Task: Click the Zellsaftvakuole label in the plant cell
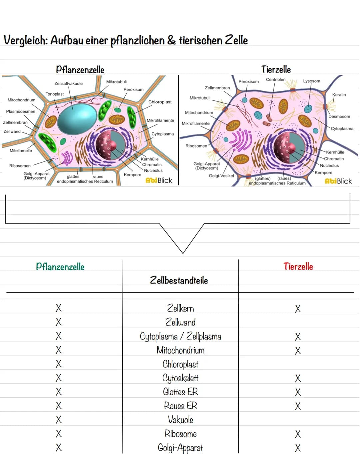68,83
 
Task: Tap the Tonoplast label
55,94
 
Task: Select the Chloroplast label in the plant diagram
160,102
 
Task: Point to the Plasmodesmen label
21,111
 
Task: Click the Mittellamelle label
21,151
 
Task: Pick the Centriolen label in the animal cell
276,80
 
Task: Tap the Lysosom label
311,81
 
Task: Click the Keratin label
339,95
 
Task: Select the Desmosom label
339,117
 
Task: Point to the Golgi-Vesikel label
221,176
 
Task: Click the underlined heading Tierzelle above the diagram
276,69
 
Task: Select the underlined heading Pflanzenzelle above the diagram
80,70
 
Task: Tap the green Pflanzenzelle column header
60,267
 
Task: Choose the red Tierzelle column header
298,267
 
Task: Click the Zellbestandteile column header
179,280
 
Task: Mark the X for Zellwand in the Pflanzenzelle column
59,322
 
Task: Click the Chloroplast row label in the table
180,364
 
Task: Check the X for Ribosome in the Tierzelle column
298,434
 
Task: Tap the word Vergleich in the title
25,40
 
